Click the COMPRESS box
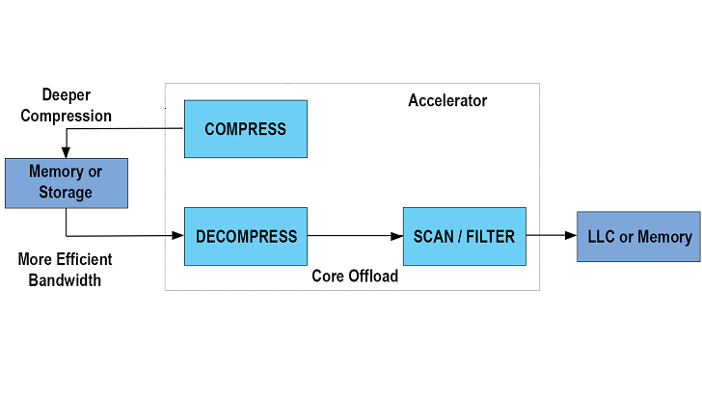tap(246, 128)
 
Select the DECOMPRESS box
tap(246, 236)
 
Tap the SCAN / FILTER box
tap(465, 236)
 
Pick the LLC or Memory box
tap(638, 237)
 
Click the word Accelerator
tap(447, 100)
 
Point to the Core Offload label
tap(355, 276)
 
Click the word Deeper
tap(67, 95)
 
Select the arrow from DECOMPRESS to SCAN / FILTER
tap(355, 236)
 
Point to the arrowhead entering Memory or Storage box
tap(66, 152)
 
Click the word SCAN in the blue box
tap(434, 237)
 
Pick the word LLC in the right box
tap(603, 237)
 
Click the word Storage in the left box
tap(66, 192)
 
